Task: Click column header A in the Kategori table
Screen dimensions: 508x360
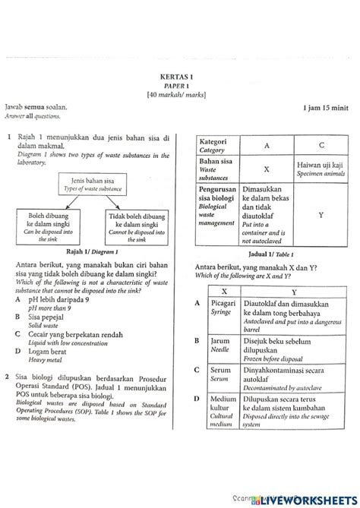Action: (267, 145)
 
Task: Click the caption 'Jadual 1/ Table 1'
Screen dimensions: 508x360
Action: (270, 254)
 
